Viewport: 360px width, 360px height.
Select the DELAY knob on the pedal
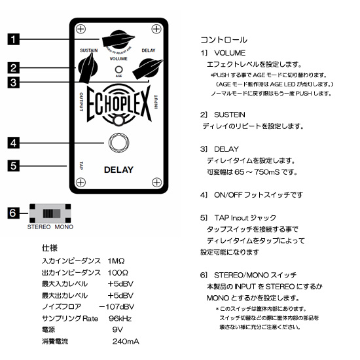(149, 66)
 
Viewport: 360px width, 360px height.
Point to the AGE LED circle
(118, 69)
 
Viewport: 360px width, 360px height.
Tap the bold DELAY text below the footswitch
(118, 170)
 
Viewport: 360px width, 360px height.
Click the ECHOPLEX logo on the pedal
(118, 105)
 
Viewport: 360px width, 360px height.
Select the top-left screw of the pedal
(80, 29)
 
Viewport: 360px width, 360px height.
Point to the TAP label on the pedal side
(79, 166)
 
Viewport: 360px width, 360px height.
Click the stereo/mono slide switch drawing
(50, 213)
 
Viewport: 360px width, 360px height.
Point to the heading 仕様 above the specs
(49, 249)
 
